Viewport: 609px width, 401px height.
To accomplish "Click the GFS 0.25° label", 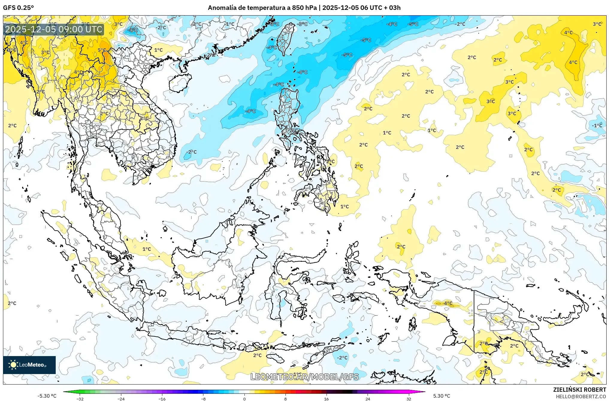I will click(x=18, y=8).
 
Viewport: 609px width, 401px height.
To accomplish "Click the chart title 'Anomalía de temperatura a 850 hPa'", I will click(x=262, y=8).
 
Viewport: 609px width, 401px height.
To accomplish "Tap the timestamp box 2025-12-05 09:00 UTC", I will click(x=54, y=29).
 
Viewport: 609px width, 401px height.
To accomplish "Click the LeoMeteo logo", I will click(x=29, y=365).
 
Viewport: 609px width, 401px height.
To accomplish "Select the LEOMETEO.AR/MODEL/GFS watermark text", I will click(x=304, y=377).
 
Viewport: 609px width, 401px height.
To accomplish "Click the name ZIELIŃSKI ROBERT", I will click(x=579, y=390).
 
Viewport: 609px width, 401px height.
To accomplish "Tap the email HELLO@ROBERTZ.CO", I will click(x=581, y=397).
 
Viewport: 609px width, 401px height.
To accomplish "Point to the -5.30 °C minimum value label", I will click(x=47, y=396).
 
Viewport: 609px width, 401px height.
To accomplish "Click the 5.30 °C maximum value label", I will click(x=442, y=396).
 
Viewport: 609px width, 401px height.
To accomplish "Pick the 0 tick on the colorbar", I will click(x=244, y=399).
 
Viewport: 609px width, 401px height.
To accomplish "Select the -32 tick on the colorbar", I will click(x=80, y=399).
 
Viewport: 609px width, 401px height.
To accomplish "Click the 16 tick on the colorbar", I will click(x=327, y=399).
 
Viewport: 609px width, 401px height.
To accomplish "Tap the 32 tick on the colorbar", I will click(x=409, y=399).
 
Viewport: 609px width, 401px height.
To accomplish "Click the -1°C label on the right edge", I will click(x=597, y=125).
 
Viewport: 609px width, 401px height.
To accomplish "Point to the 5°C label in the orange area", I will click(x=102, y=50).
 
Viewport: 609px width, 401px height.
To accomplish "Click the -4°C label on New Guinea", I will click(x=448, y=303).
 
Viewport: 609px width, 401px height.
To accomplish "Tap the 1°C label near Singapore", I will click(x=146, y=249).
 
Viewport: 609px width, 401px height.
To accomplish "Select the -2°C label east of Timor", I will click(x=342, y=358).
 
